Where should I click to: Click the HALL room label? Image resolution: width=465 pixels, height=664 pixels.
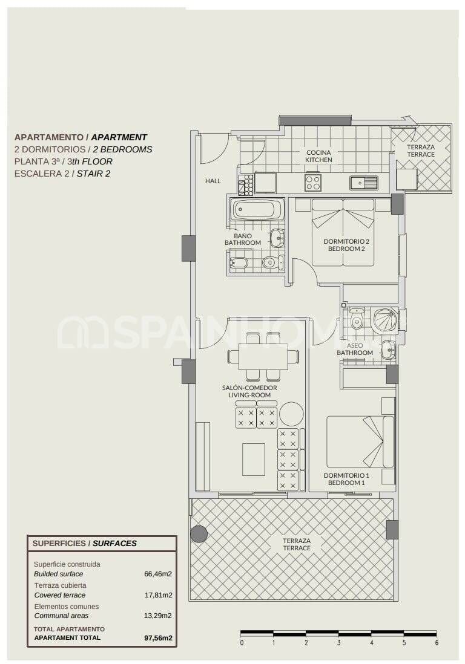pos(213,181)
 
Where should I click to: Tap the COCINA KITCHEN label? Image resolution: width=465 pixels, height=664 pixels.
pos(318,156)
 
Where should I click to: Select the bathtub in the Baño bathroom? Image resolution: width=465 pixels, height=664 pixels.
pos(257,210)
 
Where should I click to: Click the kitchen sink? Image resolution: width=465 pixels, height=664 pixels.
pos(363,182)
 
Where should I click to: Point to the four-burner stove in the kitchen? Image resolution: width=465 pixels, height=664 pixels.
pos(313,182)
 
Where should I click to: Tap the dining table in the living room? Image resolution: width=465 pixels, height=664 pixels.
pos(263,356)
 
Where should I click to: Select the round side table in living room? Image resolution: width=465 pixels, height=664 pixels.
pos(291,414)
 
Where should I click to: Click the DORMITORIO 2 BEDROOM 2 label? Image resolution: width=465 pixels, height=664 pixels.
pos(346,244)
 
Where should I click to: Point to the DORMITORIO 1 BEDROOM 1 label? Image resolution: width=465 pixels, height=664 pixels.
pos(346,479)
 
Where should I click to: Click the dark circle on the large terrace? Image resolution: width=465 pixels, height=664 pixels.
pos(199,533)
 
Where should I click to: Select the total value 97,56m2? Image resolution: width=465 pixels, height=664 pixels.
pos(157,637)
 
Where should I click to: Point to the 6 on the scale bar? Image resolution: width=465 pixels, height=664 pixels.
pos(437,643)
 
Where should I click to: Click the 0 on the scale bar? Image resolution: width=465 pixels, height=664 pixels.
pos(242,643)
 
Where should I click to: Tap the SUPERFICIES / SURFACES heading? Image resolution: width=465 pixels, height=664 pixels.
pos(84,543)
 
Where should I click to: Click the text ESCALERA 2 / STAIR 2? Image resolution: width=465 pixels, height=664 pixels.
pos(62,174)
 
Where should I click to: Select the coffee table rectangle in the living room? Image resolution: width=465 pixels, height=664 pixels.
pos(254,459)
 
